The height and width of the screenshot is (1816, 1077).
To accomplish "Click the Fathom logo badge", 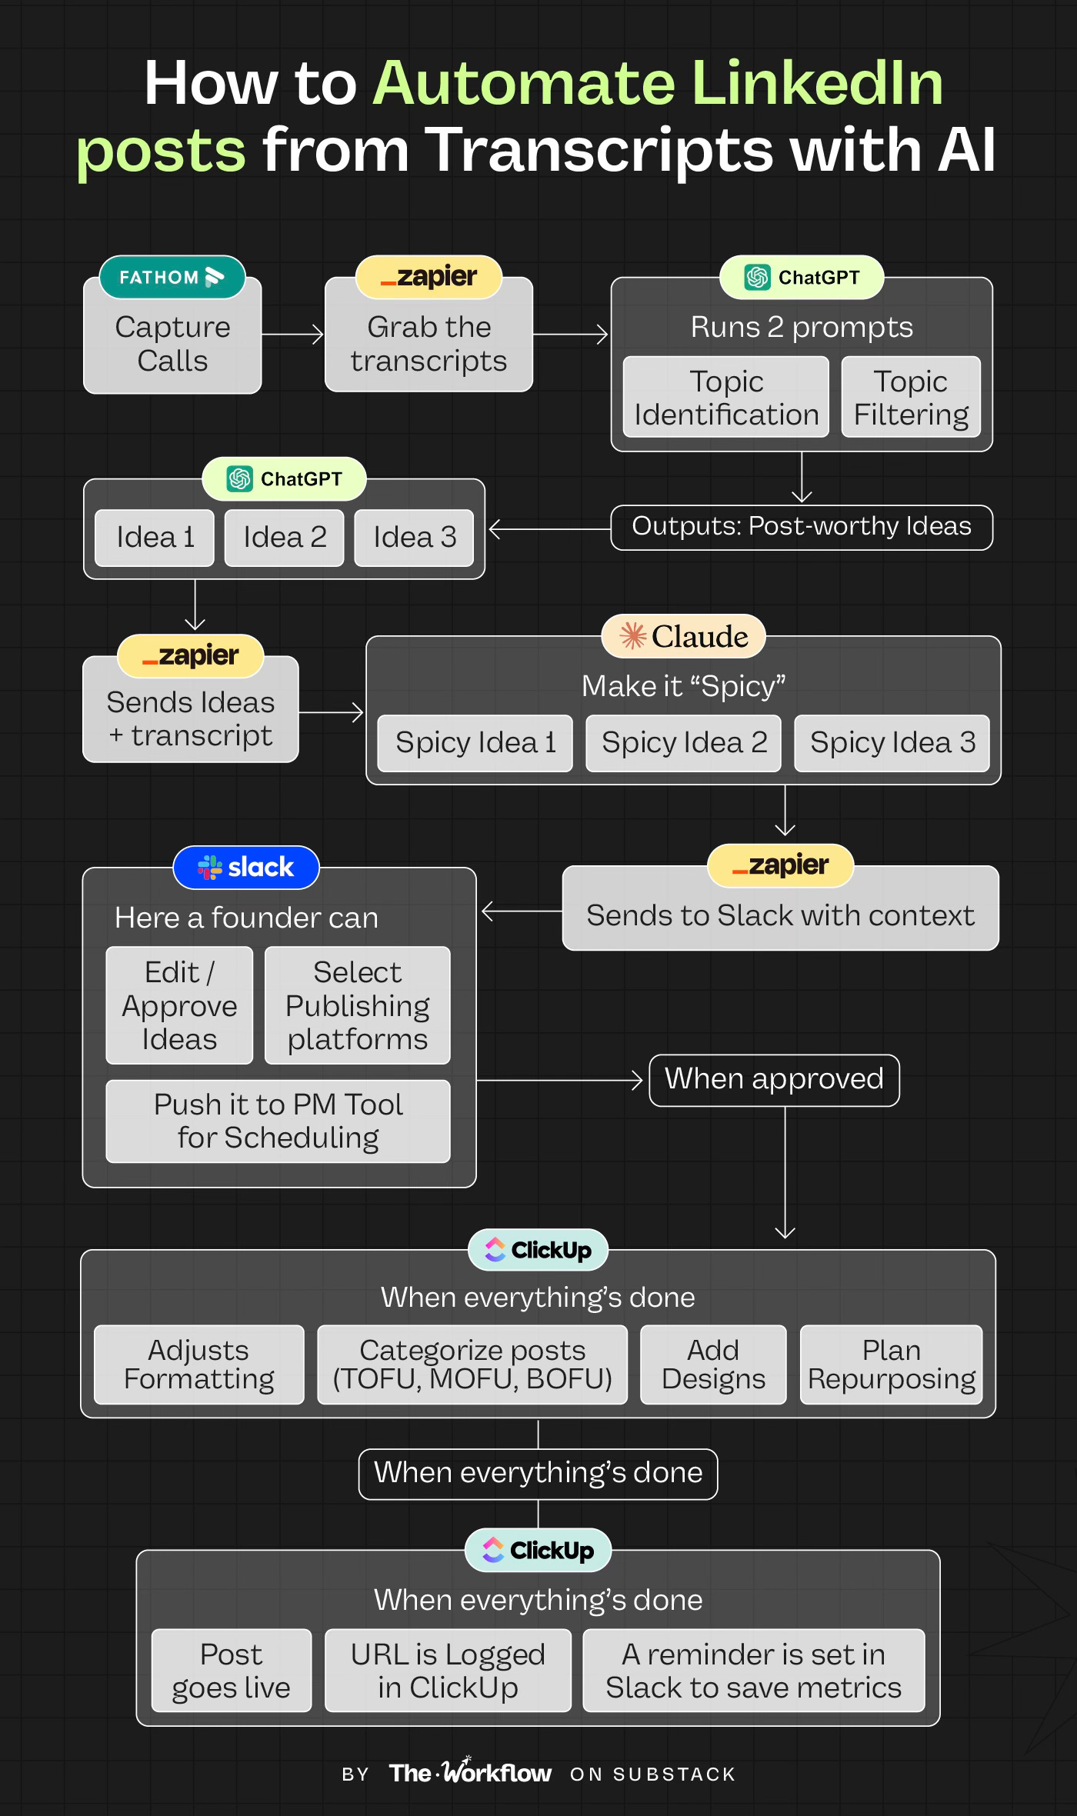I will pyautogui.click(x=172, y=277).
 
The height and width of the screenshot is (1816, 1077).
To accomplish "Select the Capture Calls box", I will pyautogui.click(x=172, y=345).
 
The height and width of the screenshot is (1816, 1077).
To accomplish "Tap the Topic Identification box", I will pyautogui.click(x=725, y=398).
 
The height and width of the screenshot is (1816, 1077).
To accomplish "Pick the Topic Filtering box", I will pyautogui.click(x=911, y=398).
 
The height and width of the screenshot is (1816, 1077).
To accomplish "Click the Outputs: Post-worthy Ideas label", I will pyautogui.click(x=801, y=527).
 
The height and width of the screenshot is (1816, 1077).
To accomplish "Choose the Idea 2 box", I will pyautogui.click(x=285, y=538).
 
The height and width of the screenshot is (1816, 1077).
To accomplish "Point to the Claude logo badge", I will pyautogui.click(x=684, y=636).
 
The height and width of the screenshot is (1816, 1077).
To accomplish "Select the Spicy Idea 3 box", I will pyautogui.click(x=892, y=743).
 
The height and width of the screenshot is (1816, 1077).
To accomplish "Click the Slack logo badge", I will pyautogui.click(x=246, y=868).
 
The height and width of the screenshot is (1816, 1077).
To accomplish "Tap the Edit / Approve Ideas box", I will pyautogui.click(x=179, y=1005).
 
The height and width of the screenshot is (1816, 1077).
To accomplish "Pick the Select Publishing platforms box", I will pyautogui.click(x=357, y=1005).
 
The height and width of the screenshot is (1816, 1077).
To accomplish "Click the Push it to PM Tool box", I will pyautogui.click(x=278, y=1121).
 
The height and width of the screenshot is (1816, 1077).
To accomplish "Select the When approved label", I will pyautogui.click(x=774, y=1080).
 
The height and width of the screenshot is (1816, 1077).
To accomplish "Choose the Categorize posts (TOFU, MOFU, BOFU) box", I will pyautogui.click(x=472, y=1364).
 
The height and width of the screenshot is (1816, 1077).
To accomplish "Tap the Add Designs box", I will pyautogui.click(x=713, y=1364).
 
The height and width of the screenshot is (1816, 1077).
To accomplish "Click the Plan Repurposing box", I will pyautogui.click(x=891, y=1364).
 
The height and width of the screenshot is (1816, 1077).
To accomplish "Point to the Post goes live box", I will pyautogui.click(x=232, y=1671).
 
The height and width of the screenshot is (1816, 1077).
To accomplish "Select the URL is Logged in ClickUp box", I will pyautogui.click(x=448, y=1671).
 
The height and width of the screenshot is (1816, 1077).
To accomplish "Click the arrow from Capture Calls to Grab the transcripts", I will pyautogui.click(x=292, y=335).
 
